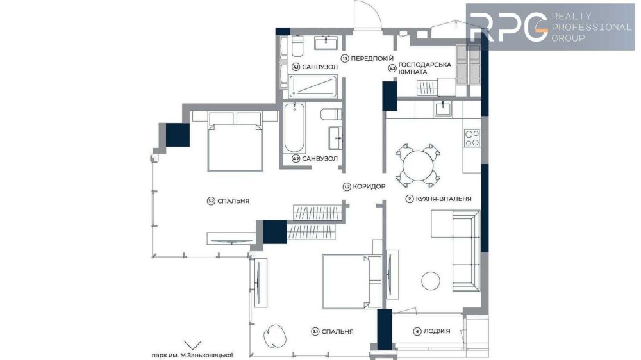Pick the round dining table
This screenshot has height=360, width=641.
pos(418,166)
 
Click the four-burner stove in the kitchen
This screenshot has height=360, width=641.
pos(472,138)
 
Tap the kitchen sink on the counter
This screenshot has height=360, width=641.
pos(443,109)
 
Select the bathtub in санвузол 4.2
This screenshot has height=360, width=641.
pos(294,128)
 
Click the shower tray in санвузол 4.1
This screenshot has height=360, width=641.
pos(313,86)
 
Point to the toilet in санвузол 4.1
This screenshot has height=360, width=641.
pos(297,45)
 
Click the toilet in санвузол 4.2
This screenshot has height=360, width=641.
pos(331,115)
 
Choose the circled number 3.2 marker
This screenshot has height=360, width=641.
pos(211,201)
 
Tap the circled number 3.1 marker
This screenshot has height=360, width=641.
pos(315,331)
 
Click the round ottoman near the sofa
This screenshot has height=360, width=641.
pos(431,281)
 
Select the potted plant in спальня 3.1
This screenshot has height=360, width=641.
pos(275,336)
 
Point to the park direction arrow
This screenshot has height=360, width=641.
pos(192,345)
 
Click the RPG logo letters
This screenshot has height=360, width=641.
pos(509,27)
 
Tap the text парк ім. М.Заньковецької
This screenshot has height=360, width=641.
pos(192,356)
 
